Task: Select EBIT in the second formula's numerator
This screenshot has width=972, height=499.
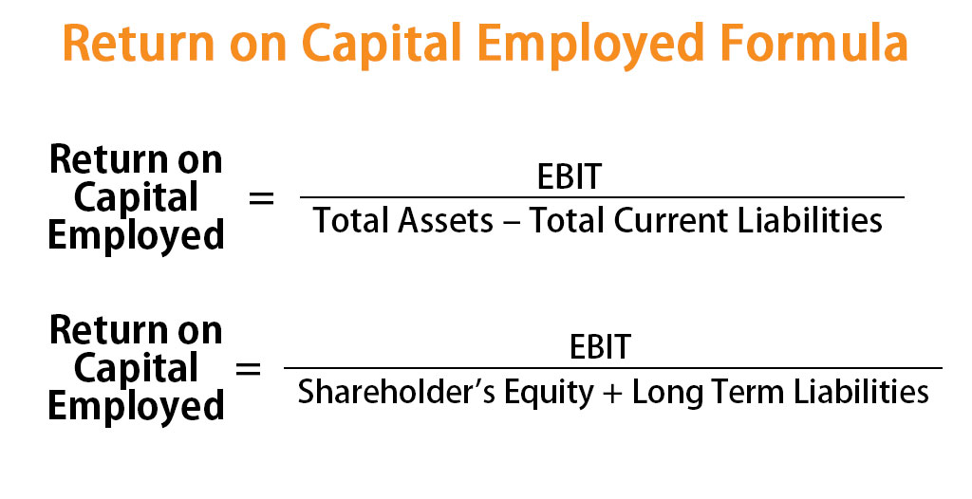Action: pos(600,346)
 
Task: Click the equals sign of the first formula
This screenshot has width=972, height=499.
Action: pos(261,198)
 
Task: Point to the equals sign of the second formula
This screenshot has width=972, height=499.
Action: pos(249,368)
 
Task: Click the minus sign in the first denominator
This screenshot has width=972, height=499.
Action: pos(512,222)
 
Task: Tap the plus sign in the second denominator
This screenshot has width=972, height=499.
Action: pos(611,392)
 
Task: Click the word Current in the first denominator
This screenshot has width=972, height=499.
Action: pos(680,221)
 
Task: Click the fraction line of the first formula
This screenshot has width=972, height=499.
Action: pos(602,198)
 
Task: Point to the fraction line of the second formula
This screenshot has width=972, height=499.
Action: pos(613,368)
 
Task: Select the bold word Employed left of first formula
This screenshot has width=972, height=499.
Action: pos(136,235)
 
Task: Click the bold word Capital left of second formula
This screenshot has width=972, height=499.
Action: pos(136,368)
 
